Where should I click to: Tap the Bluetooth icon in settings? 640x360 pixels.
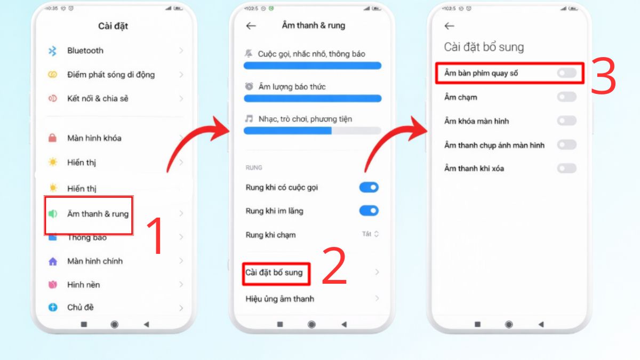52,51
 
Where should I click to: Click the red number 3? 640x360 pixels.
603,76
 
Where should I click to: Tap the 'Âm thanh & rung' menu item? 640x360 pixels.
98,214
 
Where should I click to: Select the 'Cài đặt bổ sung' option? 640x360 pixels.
274,273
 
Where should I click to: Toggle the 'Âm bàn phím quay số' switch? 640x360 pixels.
566,73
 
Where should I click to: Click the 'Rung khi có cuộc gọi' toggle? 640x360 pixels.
369,187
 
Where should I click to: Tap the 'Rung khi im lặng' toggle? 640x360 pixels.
369,211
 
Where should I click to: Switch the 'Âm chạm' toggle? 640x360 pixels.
566,97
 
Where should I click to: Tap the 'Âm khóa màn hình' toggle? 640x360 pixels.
566,121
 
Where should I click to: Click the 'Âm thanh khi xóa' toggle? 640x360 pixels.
566,169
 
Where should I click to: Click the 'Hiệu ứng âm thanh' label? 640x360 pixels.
280,299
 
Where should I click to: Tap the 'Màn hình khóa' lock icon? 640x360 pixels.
52,138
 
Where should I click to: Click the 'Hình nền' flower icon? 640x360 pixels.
52,285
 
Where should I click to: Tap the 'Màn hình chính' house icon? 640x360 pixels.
52,261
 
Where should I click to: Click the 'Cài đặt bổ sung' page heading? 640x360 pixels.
484,47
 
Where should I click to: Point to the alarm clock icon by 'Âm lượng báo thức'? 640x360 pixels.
249,86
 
